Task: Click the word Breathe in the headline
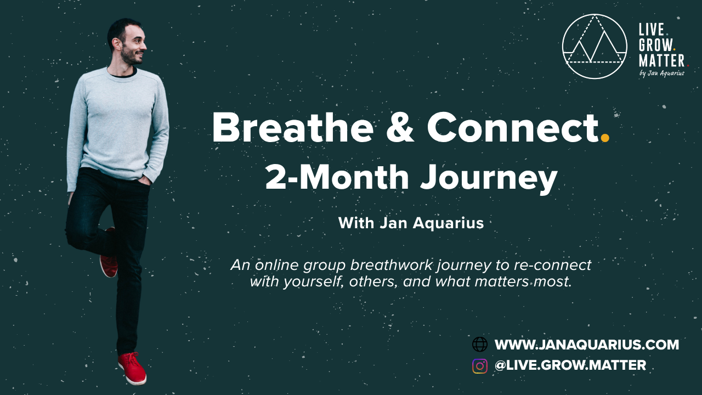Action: pos(293,128)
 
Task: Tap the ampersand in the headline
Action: pos(400,128)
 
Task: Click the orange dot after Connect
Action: pos(605,138)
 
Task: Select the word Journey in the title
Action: pos(489,179)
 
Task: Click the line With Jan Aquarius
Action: pos(411,223)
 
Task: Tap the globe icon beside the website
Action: pos(480,345)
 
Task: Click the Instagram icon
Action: pos(480,366)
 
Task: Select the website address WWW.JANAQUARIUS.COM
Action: pos(587,345)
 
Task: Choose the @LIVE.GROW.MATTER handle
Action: pos(570,365)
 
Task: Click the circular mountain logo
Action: pos(595,47)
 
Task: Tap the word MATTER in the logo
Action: pos(661,60)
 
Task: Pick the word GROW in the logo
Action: pos(655,45)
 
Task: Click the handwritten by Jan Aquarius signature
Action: pos(662,74)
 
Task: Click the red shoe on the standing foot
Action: pos(132,368)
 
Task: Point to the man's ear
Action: pos(116,44)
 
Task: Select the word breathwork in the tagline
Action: pos(392,265)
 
